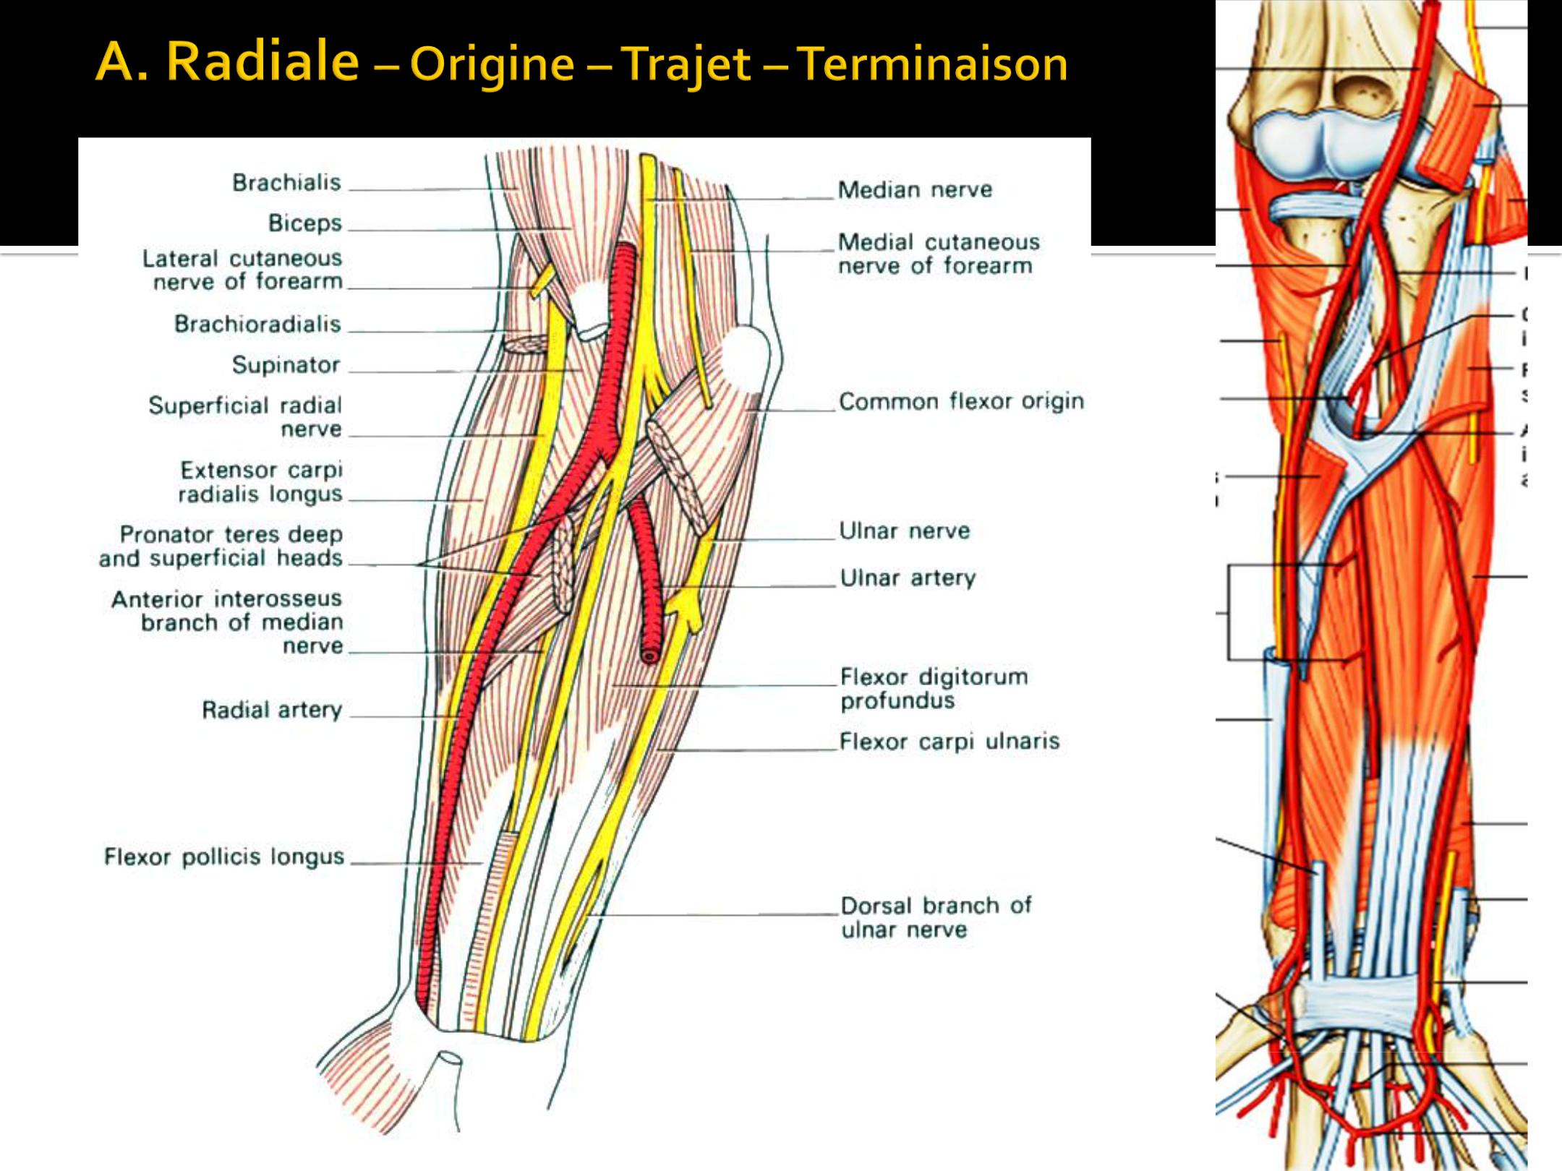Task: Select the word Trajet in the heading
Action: click(x=686, y=64)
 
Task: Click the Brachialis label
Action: click(x=286, y=183)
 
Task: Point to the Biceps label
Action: click(x=304, y=223)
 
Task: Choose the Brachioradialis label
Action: click(x=257, y=325)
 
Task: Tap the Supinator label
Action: click(x=286, y=365)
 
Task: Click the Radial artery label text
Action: click(x=272, y=710)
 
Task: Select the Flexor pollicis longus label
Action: click(x=223, y=857)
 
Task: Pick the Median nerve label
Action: click(x=915, y=190)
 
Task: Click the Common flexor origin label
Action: click(x=961, y=401)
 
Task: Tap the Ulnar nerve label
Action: click(x=904, y=531)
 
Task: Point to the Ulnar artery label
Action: click(x=908, y=578)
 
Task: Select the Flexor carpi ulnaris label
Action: click(x=949, y=742)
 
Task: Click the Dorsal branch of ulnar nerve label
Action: click(x=936, y=917)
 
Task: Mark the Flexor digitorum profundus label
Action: click(x=933, y=688)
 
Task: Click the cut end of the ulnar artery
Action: click(x=650, y=656)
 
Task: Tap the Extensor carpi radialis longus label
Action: click(x=260, y=482)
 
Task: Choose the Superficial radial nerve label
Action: click(x=245, y=417)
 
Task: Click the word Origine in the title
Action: click(x=492, y=64)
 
